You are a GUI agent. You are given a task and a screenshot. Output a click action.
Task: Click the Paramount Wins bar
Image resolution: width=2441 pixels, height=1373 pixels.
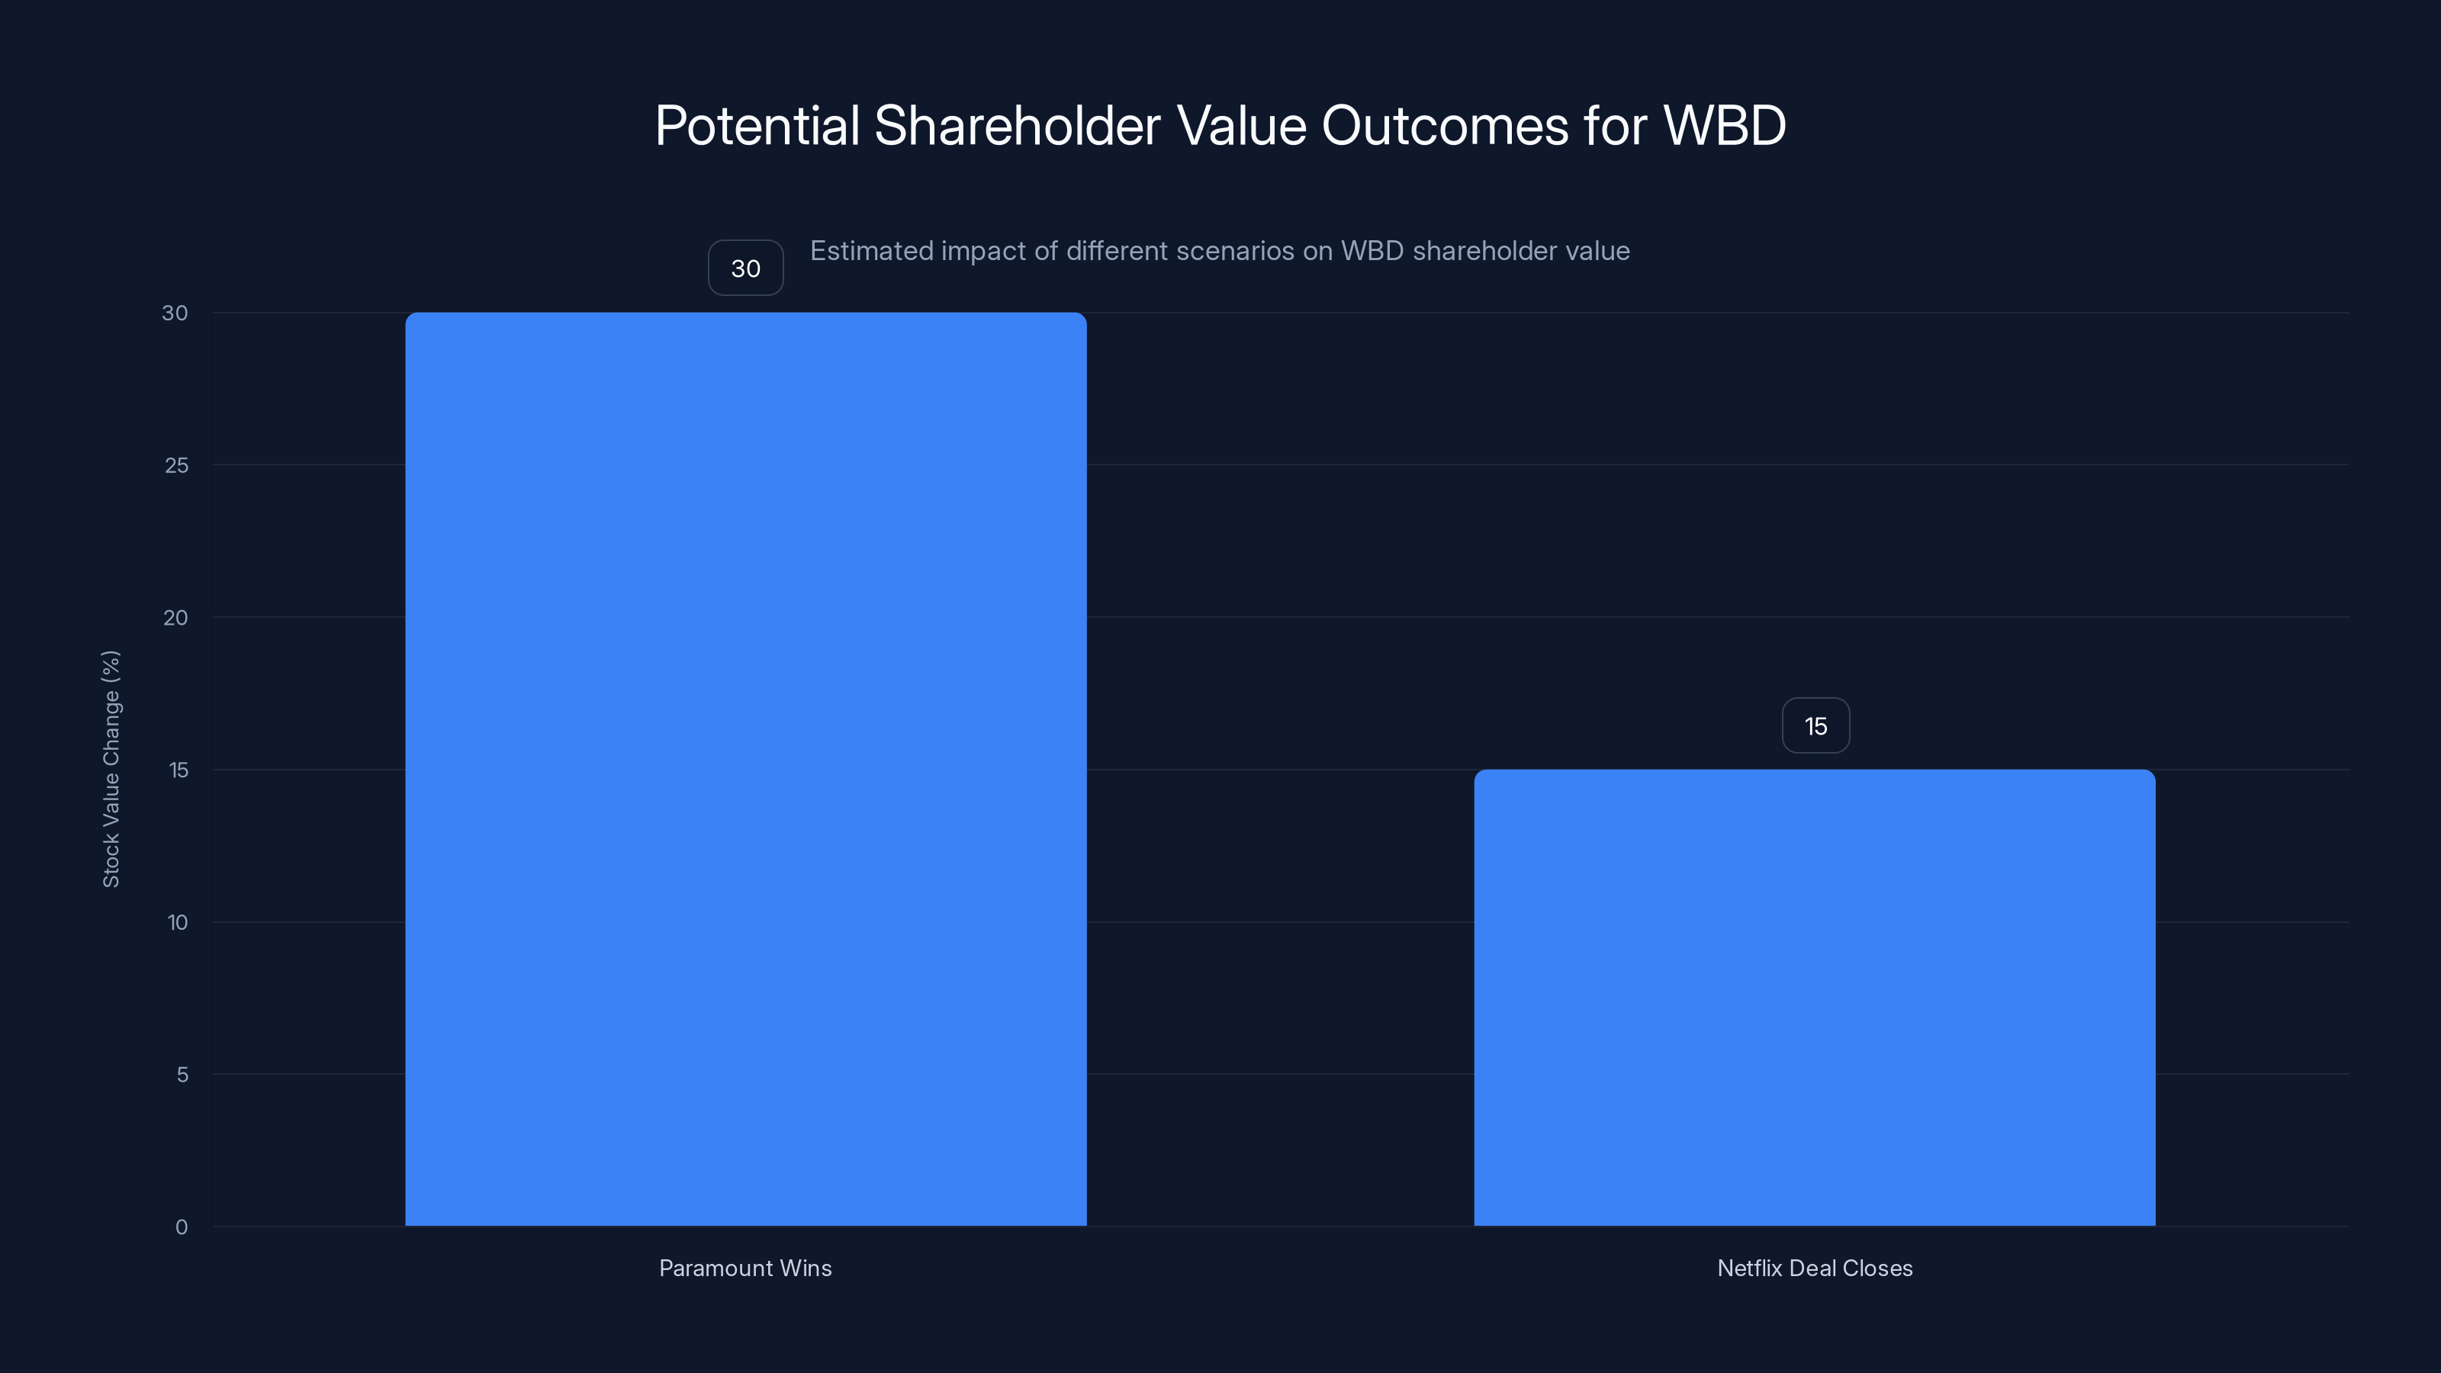click(746, 768)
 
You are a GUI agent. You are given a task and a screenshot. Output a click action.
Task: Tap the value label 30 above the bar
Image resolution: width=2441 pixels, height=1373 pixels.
click(746, 268)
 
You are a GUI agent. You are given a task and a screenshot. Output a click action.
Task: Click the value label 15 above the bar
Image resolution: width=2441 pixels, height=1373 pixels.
click(1815, 726)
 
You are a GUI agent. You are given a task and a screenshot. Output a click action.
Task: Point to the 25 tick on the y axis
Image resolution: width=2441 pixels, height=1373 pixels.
click(176, 465)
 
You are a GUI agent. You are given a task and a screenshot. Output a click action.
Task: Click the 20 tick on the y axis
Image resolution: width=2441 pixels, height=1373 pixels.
click(175, 618)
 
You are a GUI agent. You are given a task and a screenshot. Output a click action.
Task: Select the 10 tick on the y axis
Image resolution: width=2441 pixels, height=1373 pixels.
click(177, 922)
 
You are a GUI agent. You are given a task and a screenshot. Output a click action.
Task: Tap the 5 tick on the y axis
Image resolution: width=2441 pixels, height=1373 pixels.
click(182, 1075)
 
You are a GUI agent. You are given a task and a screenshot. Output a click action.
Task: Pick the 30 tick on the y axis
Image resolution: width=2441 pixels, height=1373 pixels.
click(175, 313)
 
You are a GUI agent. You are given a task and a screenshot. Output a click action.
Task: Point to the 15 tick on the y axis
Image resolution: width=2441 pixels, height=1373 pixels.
click(178, 770)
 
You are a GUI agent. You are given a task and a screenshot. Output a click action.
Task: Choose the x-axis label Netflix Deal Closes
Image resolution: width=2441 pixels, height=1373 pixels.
click(1814, 1268)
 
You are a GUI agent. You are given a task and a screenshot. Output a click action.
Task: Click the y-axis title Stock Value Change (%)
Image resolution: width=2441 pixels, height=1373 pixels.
click(111, 768)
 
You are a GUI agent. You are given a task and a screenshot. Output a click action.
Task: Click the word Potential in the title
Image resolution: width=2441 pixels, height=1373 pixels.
click(756, 126)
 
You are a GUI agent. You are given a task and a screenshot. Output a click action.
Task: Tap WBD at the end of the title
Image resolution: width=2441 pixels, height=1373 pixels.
click(1724, 126)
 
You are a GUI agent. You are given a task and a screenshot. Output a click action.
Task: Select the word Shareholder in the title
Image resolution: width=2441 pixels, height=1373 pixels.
click(1016, 126)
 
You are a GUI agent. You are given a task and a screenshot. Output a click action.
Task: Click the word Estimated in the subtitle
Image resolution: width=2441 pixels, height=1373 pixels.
click(870, 251)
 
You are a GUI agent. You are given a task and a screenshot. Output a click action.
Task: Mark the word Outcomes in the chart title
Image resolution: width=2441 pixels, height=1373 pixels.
click(1444, 126)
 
